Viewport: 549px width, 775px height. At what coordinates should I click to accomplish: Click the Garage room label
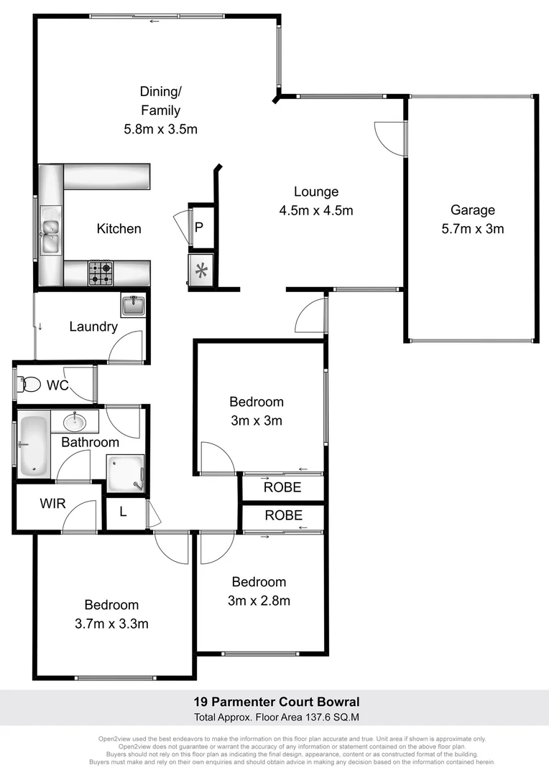[x=473, y=210]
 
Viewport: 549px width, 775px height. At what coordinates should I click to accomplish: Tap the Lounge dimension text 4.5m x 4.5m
[x=316, y=211]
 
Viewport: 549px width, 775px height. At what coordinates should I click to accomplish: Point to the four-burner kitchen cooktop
[x=101, y=272]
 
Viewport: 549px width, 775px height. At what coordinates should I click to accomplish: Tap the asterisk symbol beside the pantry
[x=200, y=271]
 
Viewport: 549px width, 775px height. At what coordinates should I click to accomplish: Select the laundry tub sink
[x=133, y=306]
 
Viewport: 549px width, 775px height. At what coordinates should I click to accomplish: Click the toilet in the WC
[x=29, y=385]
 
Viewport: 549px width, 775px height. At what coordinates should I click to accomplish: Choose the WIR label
[x=52, y=504]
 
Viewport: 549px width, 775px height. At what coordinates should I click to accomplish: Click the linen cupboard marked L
[x=123, y=512]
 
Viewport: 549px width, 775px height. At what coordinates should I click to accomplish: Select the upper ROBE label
[x=282, y=488]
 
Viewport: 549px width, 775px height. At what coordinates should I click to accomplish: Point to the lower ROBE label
[x=284, y=515]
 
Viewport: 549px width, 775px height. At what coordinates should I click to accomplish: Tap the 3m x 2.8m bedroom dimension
[x=259, y=601]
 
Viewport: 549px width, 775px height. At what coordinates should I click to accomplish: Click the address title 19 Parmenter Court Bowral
[x=276, y=702]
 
